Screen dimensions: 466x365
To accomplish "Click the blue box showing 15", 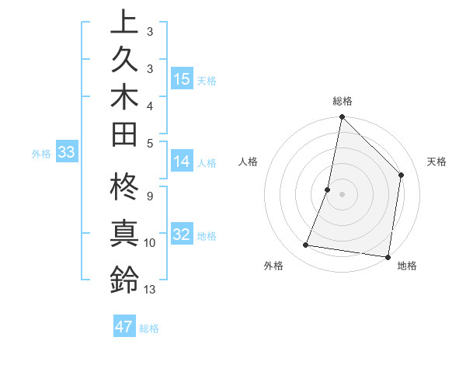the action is click(182, 79).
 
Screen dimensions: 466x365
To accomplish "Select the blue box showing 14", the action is click(182, 162).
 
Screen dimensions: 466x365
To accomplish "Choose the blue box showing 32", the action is click(182, 235).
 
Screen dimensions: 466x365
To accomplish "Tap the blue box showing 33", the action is click(67, 153).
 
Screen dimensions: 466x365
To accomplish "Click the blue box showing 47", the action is click(124, 327).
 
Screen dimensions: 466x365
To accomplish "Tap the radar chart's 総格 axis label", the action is click(342, 101).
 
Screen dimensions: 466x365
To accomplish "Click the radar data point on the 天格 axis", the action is click(402, 175).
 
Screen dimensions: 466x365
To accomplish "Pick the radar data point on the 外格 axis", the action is click(306, 245).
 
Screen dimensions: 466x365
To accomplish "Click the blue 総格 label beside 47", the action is click(149, 328).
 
